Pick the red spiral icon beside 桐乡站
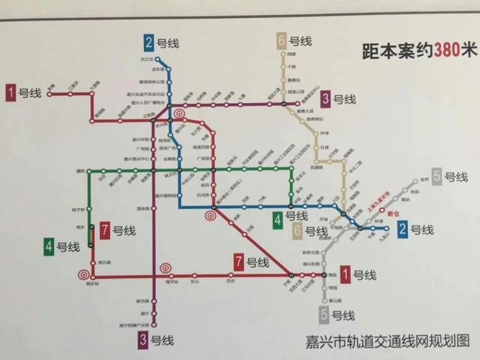[81, 274]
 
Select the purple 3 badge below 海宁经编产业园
[145, 340]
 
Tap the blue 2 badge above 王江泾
[150, 41]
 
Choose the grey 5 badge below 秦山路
[325, 315]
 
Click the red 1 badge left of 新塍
[12, 91]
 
